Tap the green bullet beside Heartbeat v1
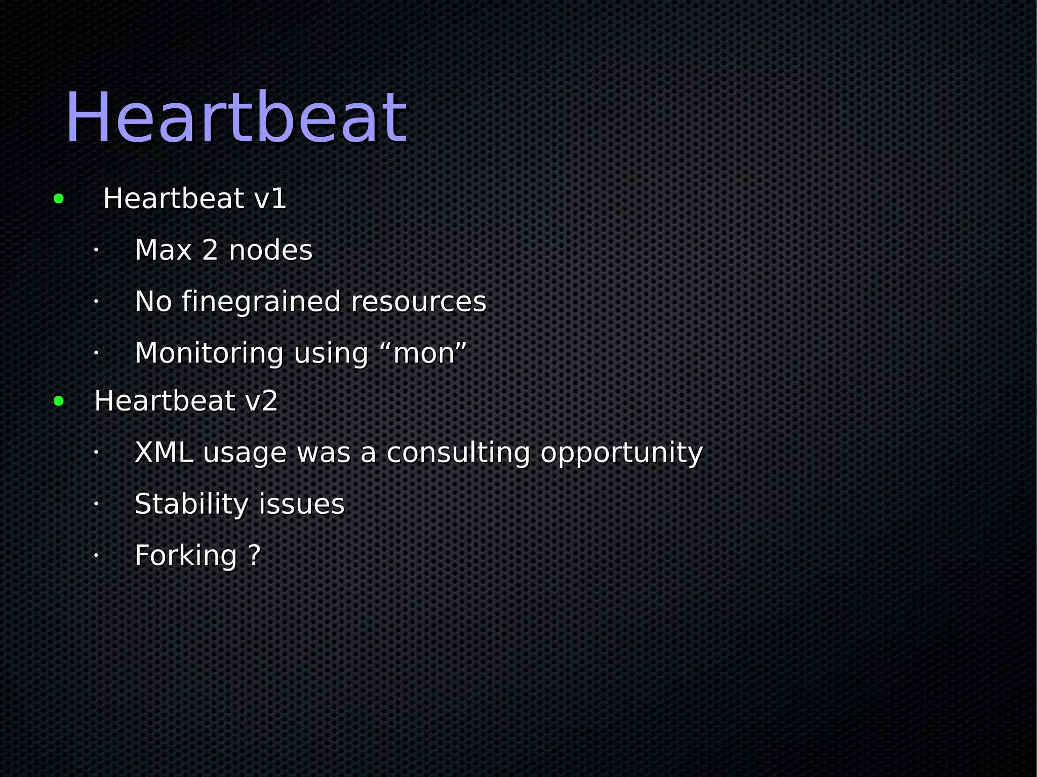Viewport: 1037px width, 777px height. [x=59, y=198]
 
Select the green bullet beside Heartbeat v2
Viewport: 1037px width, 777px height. [x=59, y=401]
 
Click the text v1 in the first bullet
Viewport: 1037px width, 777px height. [x=270, y=198]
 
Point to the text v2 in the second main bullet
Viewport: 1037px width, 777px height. [x=261, y=401]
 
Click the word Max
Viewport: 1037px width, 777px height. [x=163, y=250]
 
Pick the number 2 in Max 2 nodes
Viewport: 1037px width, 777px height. [x=210, y=250]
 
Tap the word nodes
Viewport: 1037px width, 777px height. [x=270, y=250]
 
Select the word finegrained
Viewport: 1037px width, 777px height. [x=261, y=302]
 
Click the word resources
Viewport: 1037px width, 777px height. [x=418, y=302]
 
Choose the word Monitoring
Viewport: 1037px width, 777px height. [x=209, y=353]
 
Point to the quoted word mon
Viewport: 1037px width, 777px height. [x=423, y=353]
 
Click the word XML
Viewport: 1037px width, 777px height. [x=164, y=453]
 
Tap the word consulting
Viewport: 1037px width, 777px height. [x=458, y=453]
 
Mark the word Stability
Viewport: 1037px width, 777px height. [x=191, y=505]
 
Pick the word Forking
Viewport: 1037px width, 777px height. [x=186, y=556]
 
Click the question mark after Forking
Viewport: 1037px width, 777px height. [x=255, y=555]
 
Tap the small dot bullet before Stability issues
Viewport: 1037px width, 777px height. [x=95, y=504]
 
